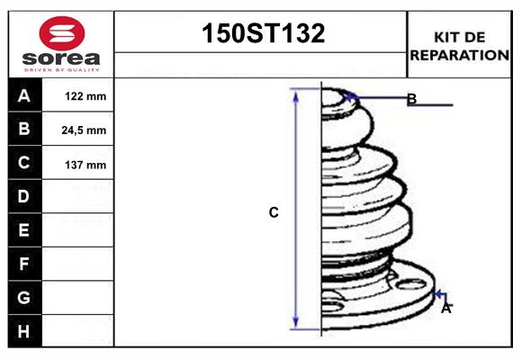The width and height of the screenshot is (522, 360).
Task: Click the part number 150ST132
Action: click(261, 34)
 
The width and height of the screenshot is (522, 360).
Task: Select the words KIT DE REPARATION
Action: click(459, 46)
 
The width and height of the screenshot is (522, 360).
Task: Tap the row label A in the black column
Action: click(24, 95)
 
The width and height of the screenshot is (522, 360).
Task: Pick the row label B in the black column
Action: click(24, 129)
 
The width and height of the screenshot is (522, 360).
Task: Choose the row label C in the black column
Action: click(24, 163)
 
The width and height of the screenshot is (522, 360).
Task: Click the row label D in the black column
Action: click(24, 196)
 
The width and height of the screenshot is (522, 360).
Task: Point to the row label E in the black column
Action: click(24, 230)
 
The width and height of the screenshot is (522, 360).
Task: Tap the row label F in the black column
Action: click(24, 264)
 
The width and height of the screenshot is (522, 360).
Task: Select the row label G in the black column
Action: click(24, 297)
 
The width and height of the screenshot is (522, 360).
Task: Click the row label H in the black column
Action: click(24, 331)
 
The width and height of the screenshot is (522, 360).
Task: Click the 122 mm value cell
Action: click(85, 96)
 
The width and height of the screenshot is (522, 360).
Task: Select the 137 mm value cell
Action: click(85, 164)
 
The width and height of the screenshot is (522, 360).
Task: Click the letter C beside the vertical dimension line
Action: click(274, 212)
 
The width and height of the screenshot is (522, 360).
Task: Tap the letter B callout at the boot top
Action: click(411, 99)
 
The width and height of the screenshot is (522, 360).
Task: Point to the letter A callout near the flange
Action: click(445, 308)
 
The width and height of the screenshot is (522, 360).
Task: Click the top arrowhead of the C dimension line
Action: click(295, 93)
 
